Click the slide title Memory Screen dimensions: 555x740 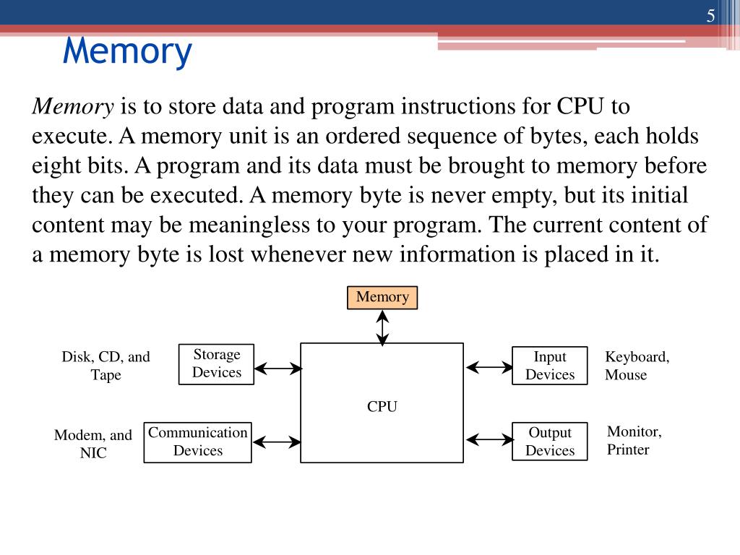click(127, 51)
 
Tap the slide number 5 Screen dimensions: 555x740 click(711, 17)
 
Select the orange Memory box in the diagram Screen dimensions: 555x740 click(382, 298)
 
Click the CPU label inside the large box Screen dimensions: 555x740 click(382, 407)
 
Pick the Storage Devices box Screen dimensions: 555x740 click(216, 364)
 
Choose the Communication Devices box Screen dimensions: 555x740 click(197, 442)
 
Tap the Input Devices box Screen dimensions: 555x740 click(549, 366)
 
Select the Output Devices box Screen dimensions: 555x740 click(549, 442)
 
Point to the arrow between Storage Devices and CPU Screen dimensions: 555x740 click(277, 369)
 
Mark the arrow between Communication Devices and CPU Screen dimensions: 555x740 click(276, 441)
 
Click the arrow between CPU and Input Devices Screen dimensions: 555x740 click(489, 367)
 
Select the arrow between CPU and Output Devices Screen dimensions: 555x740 click(489, 439)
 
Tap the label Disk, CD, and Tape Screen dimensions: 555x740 click(106, 366)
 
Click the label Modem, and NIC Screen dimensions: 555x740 click(93, 444)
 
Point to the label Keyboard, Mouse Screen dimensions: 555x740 click(637, 366)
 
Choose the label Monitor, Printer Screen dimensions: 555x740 click(634, 441)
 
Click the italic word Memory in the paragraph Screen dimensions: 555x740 click(73, 107)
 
